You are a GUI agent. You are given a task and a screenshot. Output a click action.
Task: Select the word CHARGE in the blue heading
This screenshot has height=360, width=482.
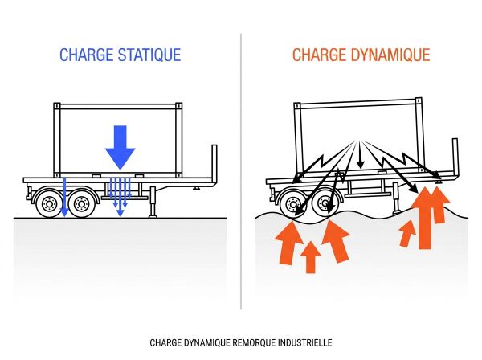click(84, 55)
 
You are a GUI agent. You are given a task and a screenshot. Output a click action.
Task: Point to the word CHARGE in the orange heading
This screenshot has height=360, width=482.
click(320, 55)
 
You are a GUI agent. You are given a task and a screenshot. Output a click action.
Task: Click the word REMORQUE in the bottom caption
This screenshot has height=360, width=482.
click(253, 342)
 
